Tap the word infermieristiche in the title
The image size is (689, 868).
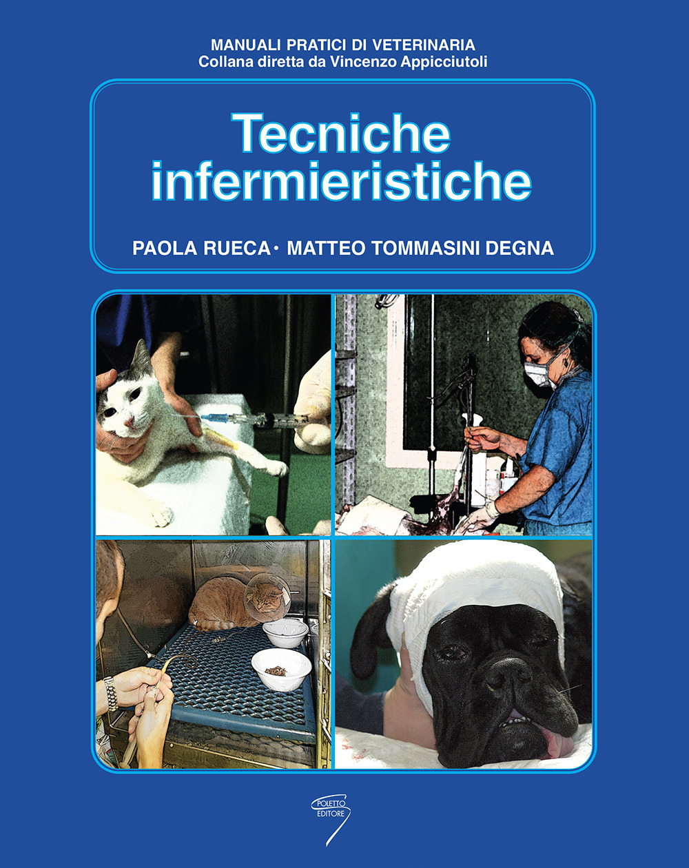click(341, 180)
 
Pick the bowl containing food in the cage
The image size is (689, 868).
click(280, 668)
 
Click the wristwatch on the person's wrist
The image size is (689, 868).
click(110, 693)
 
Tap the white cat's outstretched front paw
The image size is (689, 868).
click(276, 468)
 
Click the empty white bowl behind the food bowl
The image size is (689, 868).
click(285, 631)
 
